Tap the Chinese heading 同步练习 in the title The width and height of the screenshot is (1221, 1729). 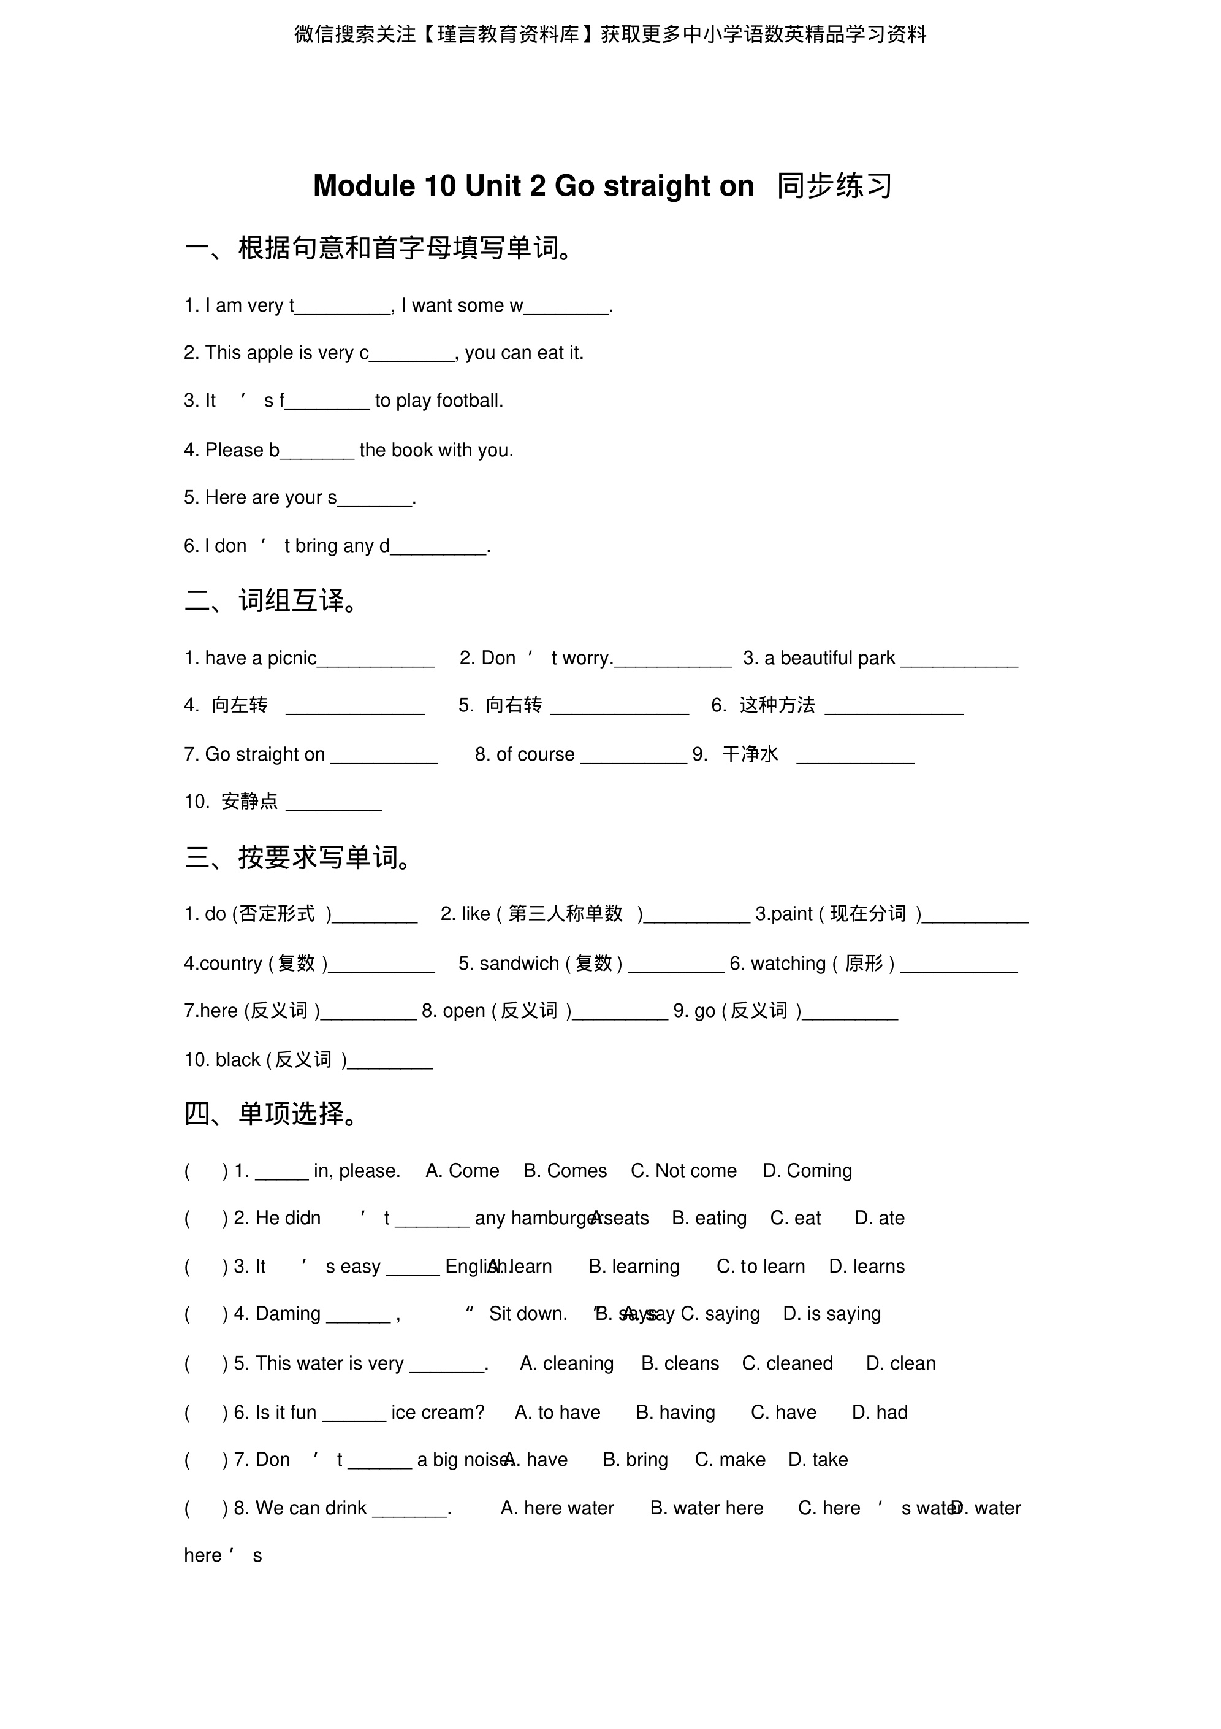tap(834, 186)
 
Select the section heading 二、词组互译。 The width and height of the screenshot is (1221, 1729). tap(275, 601)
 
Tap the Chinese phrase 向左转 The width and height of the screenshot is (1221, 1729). tap(240, 705)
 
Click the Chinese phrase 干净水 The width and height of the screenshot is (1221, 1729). tap(750, 754)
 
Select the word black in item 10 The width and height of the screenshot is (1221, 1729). tap(238, 1060)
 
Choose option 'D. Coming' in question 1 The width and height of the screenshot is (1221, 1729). tap(807, 1171)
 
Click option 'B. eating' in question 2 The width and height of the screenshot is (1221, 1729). tap(709, 1219)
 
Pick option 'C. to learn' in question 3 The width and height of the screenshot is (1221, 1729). tap(760, 1267)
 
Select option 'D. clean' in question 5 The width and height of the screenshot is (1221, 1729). tap(900, 1364)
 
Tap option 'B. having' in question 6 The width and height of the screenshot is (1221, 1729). tap(675, 1413)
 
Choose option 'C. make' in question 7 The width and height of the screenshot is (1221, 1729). tap(729, 1460)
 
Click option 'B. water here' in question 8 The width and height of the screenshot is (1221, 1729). tap(706, 1508)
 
